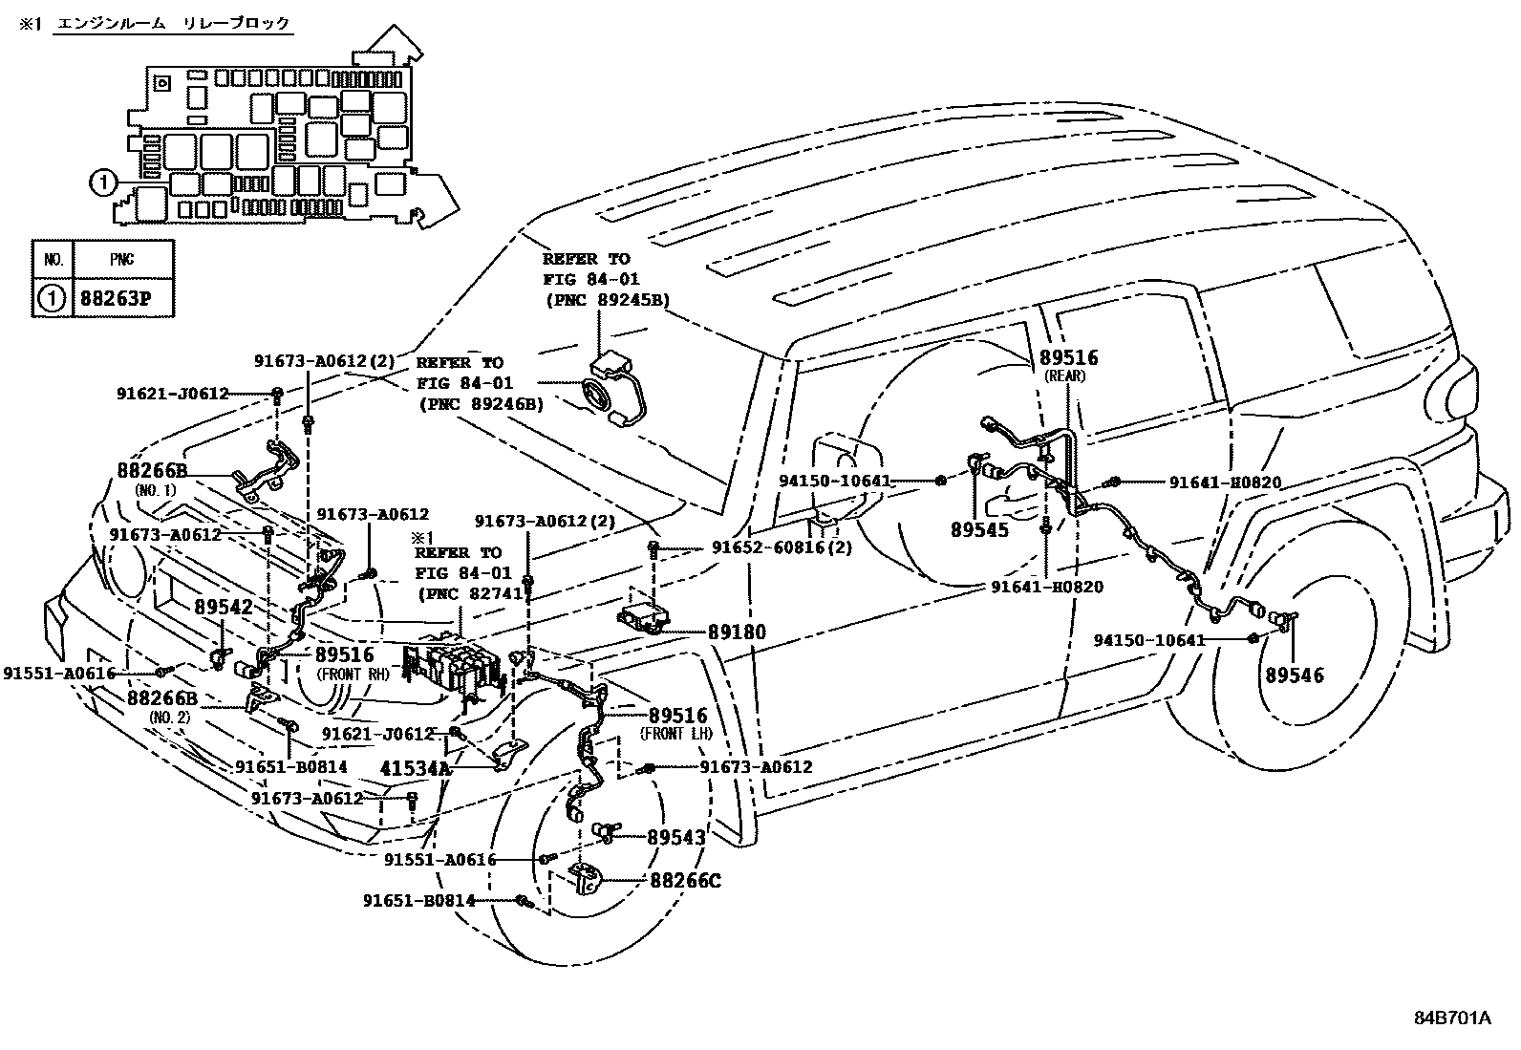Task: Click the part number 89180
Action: pyautogui.click(x=737, y=632)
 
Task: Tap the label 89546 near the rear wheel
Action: pyautogui.click(x=1295, y=675)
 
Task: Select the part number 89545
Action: pyautogui.click(x=980, y=529)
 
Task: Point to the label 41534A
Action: pyautogui.click(x=416, y=768)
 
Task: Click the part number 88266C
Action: pyautogui.click(x=686, y=881)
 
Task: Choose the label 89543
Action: pyautogui.click(x=676, y=837)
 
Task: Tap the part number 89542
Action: pyautogui.click(x=224, y=608)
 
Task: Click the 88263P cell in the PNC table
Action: pyautogui.click(x=116, y=299)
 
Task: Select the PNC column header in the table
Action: pyautogui.click(x=122, y=260)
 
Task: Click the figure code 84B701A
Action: pyautogui.click(x=1452, y=1018)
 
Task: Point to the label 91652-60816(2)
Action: pyautogui.click(x=782, y=547)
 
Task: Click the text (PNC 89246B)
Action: pyautogui.click(x=482, y=404)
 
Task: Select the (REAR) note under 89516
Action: pyautogui.click(x=1064, y=375)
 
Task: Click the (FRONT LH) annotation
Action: pyautogui.click(x=676, y=734)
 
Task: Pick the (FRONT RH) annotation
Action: pyautogui.click(x=353, y=675)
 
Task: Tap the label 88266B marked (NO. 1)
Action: pyautogui.click(x=152, y=470)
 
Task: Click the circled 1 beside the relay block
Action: pyautogui.click(x=102, y=182)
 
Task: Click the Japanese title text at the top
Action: pyautogui.click(x=173, y=24)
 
